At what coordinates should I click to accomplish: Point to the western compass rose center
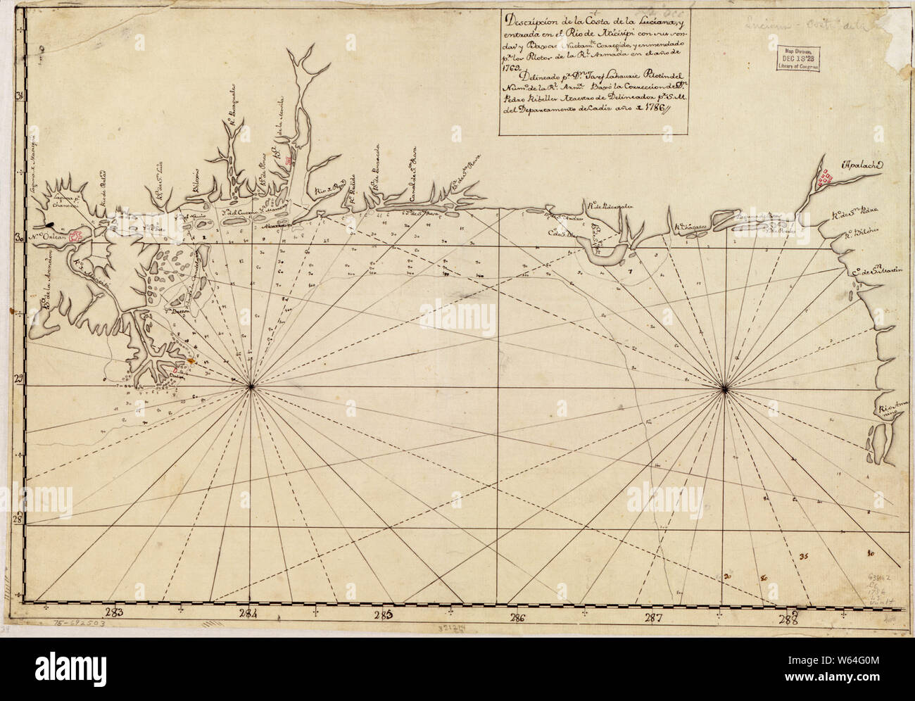[252, 386]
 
